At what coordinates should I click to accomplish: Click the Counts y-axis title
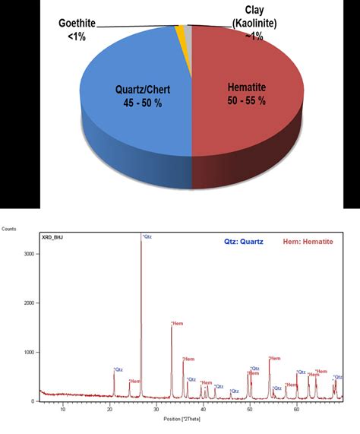point(9,227)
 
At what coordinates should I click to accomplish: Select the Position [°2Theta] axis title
point(183,418)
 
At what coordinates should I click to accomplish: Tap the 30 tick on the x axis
point(156,409)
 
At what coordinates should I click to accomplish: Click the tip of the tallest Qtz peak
point(141,239)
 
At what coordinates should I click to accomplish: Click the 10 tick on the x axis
point(63,409)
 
